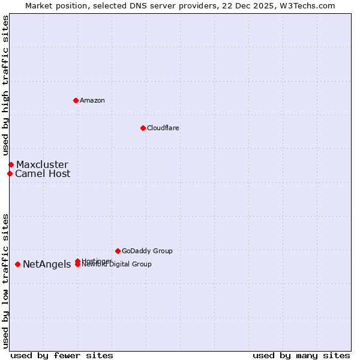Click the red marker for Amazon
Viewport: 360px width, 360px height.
(x=76, y=100)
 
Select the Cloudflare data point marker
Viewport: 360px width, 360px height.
(x=143, y=128)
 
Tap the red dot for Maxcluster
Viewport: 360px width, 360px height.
(x=11, y=164)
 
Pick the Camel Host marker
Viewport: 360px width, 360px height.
(x=10, y=173)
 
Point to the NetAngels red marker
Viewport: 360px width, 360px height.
(x=17, y=264)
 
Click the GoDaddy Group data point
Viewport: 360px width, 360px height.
(x=118, y=251)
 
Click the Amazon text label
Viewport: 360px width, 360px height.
(x=92, y=100)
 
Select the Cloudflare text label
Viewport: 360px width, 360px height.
(x=163, y=128)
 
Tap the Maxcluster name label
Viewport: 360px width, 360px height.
(x=42, y=164)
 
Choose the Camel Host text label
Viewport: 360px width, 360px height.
(x=43, y=174)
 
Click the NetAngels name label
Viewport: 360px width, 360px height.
(x=47, y=265)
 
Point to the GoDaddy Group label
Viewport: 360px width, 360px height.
(x=147, y=251)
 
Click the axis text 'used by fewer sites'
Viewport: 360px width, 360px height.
(x=62, y=355)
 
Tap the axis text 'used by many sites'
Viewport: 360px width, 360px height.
(x=301, y=355)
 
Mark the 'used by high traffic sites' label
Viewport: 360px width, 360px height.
(x=5, y=86)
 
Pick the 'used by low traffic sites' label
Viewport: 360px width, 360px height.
(x=5, y=281)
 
